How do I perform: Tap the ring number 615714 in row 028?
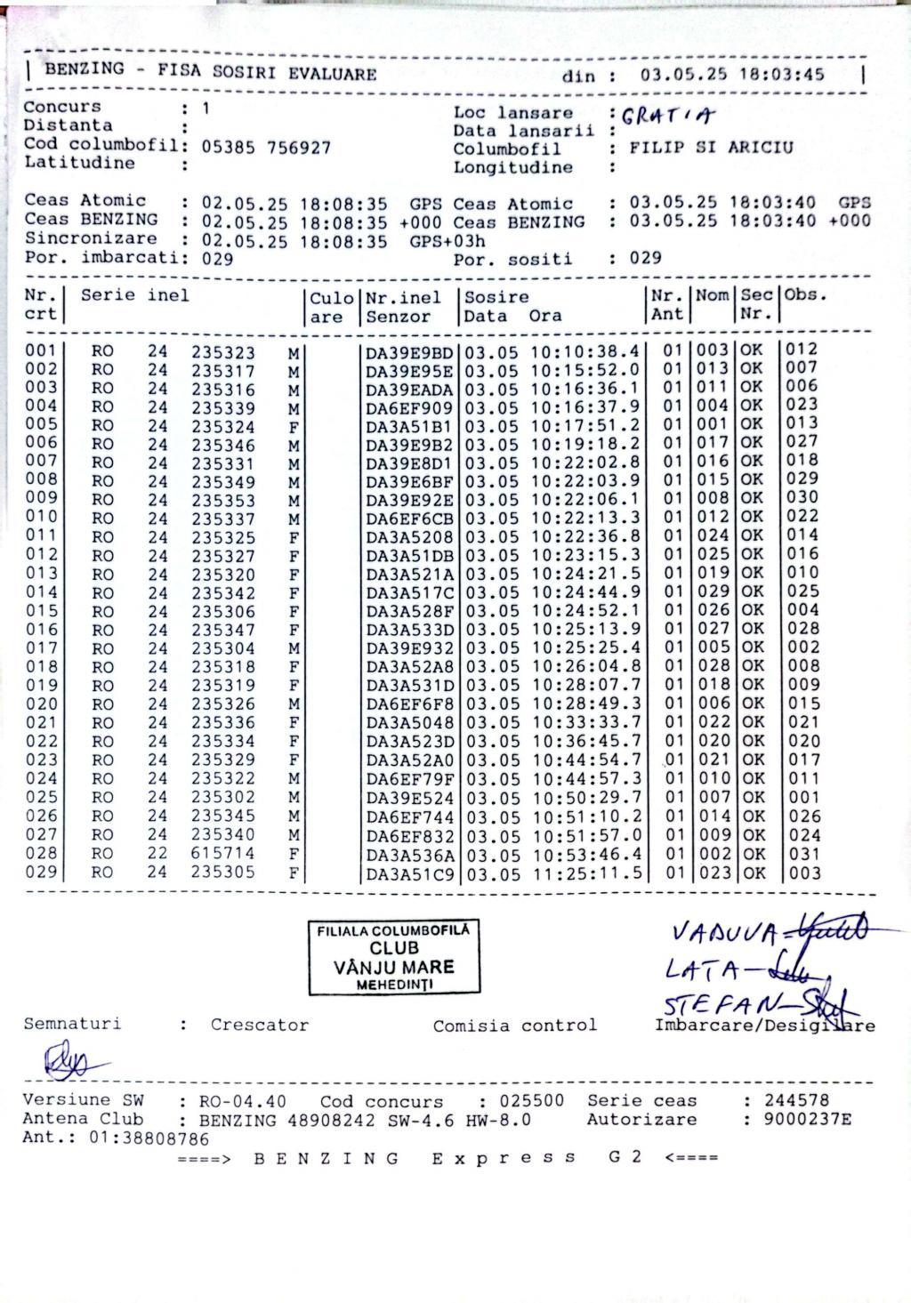click(222, 854)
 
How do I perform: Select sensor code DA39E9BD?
click(410, 352)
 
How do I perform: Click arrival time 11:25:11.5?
click(585, 873)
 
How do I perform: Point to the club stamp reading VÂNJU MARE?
click(394, 957)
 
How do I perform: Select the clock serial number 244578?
click(797, 1101)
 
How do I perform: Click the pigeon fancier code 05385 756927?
click(267, 148)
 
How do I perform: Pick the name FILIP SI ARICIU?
click(711, 148)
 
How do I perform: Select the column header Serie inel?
click(135, 295)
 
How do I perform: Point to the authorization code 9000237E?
click(807, 1120)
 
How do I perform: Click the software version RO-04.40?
click(242, 1101)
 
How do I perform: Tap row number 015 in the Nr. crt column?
click(41, 611)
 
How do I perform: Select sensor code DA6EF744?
click(410, 817)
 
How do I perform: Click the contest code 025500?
click(531, 1101)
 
